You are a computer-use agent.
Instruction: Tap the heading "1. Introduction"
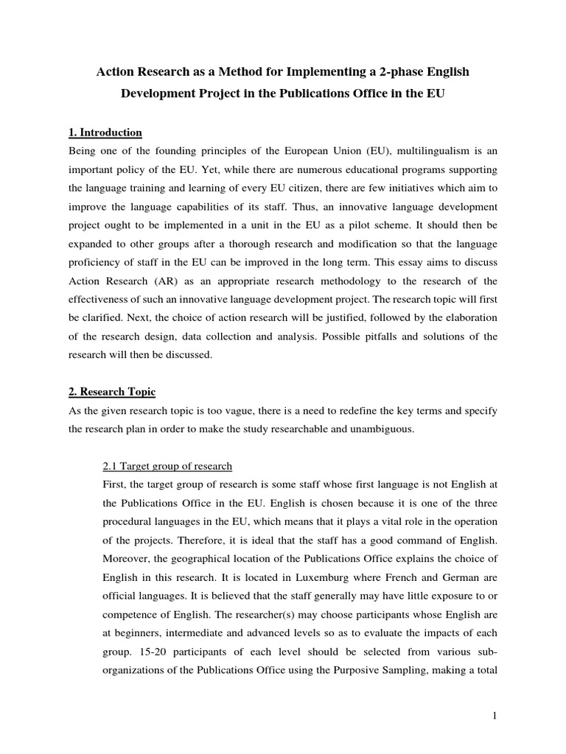(105, 133)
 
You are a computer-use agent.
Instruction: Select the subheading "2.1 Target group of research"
(166, 466)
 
